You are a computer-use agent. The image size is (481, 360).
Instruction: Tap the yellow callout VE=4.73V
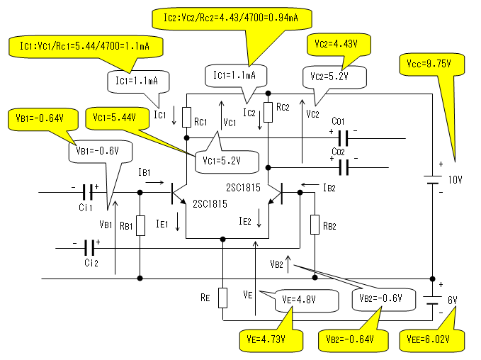click(x=264, y=339)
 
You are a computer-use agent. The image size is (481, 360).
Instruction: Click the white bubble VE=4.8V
click(x=297, y=298)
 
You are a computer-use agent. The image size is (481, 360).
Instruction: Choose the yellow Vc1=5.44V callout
click(x=109, y=116)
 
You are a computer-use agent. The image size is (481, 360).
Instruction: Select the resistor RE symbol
click(x=222, y=297)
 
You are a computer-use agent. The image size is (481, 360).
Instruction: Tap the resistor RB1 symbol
click(x=140, y=225)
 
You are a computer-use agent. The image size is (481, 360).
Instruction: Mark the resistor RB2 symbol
click(x=314, y=225)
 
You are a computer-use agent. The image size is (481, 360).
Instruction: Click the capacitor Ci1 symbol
click(x=89, y=192)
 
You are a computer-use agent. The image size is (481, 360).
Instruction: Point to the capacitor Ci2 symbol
click(x=89, y=247)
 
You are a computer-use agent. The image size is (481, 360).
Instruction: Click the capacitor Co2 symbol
click(x=343, y=167)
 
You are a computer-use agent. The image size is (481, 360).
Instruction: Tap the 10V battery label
click(x=453, y=180)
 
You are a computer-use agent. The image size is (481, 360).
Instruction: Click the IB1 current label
click(x=145, y=172)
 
